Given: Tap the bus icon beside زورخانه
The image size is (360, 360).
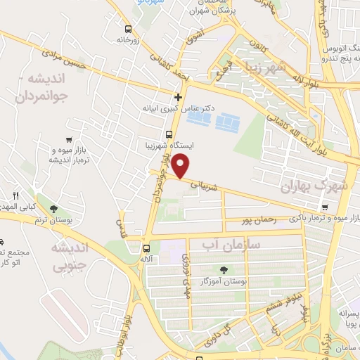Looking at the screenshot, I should pyautogui.click(x=127, y=30).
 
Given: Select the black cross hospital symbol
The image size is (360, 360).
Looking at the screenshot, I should pyautogui.click(x=178, y=97).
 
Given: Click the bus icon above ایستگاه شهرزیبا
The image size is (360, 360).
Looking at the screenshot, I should pyautogui.click(x=168, y=134).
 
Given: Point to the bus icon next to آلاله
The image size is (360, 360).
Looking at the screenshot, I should pyautogui.click(x=146, y=247).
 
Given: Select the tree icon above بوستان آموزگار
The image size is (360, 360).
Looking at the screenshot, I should pyautogui.click(x=224, y=270).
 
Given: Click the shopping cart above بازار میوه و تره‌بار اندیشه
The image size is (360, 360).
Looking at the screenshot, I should pyautogui.click(x=68, y=140).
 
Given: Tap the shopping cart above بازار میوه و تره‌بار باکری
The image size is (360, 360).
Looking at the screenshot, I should pyautogui.click(x=324, y=207).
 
